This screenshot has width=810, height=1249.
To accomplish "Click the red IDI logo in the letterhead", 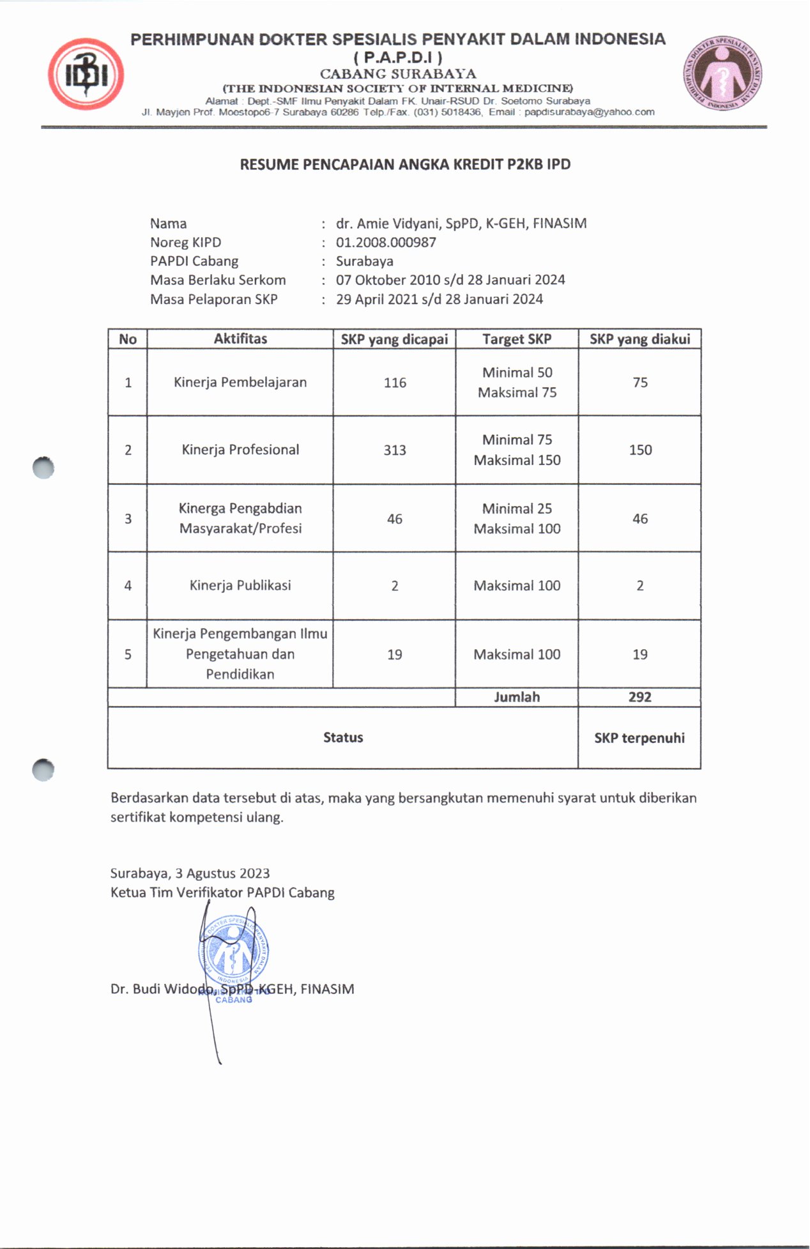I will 85,75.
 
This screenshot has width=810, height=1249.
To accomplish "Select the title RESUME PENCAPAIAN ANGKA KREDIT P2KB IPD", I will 405,164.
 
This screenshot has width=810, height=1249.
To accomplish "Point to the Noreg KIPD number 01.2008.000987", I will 386,242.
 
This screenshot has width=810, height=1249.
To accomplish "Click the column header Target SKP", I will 517,339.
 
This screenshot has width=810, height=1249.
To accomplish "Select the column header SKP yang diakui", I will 639,339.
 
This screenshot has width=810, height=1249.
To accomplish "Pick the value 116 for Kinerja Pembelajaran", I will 395,383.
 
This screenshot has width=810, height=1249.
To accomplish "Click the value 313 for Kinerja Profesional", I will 395,450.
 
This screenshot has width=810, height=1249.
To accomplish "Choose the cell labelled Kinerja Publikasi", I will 240,585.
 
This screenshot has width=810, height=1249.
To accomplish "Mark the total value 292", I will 639,697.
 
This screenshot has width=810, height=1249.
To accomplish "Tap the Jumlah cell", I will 517,697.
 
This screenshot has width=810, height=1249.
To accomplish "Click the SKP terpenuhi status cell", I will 639,738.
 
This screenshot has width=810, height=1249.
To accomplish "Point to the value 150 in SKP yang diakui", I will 640,450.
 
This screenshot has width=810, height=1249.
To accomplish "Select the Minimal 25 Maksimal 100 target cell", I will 517,518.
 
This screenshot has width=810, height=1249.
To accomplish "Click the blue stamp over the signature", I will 233,952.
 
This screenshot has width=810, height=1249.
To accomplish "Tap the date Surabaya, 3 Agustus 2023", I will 190,873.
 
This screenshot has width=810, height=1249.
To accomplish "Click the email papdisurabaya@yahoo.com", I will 589,112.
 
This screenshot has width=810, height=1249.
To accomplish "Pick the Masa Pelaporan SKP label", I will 213,299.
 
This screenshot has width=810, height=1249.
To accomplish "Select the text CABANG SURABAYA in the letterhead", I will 398,73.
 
